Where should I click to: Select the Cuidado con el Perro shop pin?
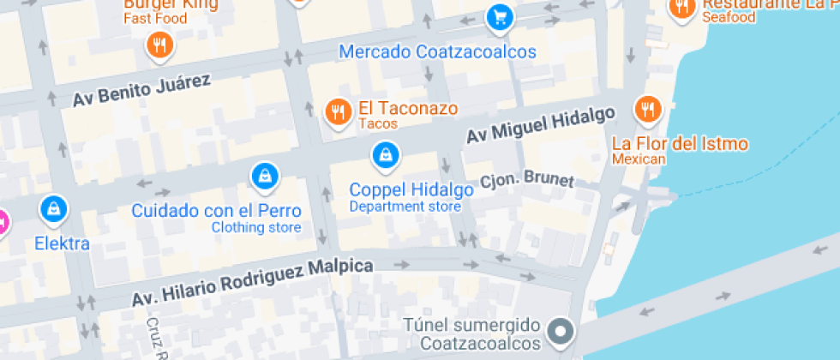click(265, 177)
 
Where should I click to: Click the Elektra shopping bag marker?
click(54, 207)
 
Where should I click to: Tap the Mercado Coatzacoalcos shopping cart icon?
click(499, 16)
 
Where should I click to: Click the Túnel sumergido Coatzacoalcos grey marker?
click(561, 329)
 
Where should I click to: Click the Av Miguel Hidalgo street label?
click(541, 125)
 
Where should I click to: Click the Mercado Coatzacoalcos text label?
click(437, 51)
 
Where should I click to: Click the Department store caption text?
click(405, 207)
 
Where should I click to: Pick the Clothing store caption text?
click(256, 227)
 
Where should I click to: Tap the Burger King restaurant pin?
click(159, 45)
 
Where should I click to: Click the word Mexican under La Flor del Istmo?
click(639, 159)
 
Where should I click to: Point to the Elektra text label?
click(62, 243)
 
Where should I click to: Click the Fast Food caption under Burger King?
click(156, 18)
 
